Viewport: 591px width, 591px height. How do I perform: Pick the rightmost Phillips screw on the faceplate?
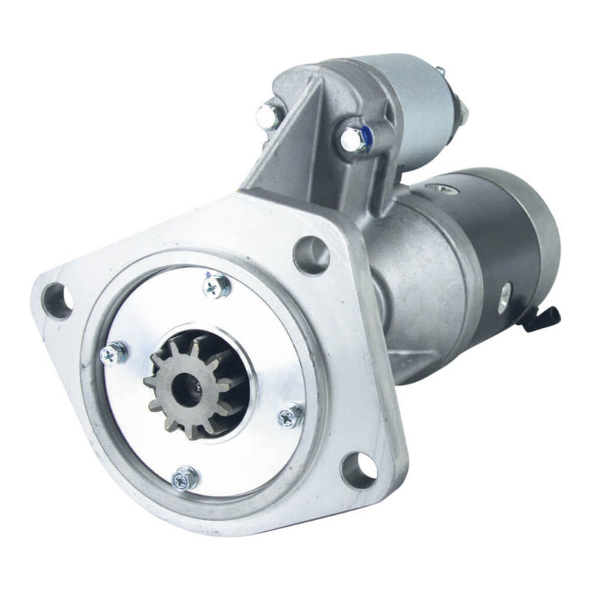[x=290, y=416]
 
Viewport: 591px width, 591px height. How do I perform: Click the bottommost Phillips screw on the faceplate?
[x=185, y=479]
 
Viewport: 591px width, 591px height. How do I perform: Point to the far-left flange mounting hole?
[x=58, y=299]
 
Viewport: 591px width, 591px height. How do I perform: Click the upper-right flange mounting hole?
[x=310, y=254]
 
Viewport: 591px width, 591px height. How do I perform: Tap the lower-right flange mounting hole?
[x=358, y=467]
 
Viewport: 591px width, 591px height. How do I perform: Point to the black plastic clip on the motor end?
[x=546, y=319]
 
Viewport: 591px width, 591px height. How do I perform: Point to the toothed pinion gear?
[x=194, y=384]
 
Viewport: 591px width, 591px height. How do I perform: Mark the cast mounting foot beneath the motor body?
[x=414, y=362]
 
